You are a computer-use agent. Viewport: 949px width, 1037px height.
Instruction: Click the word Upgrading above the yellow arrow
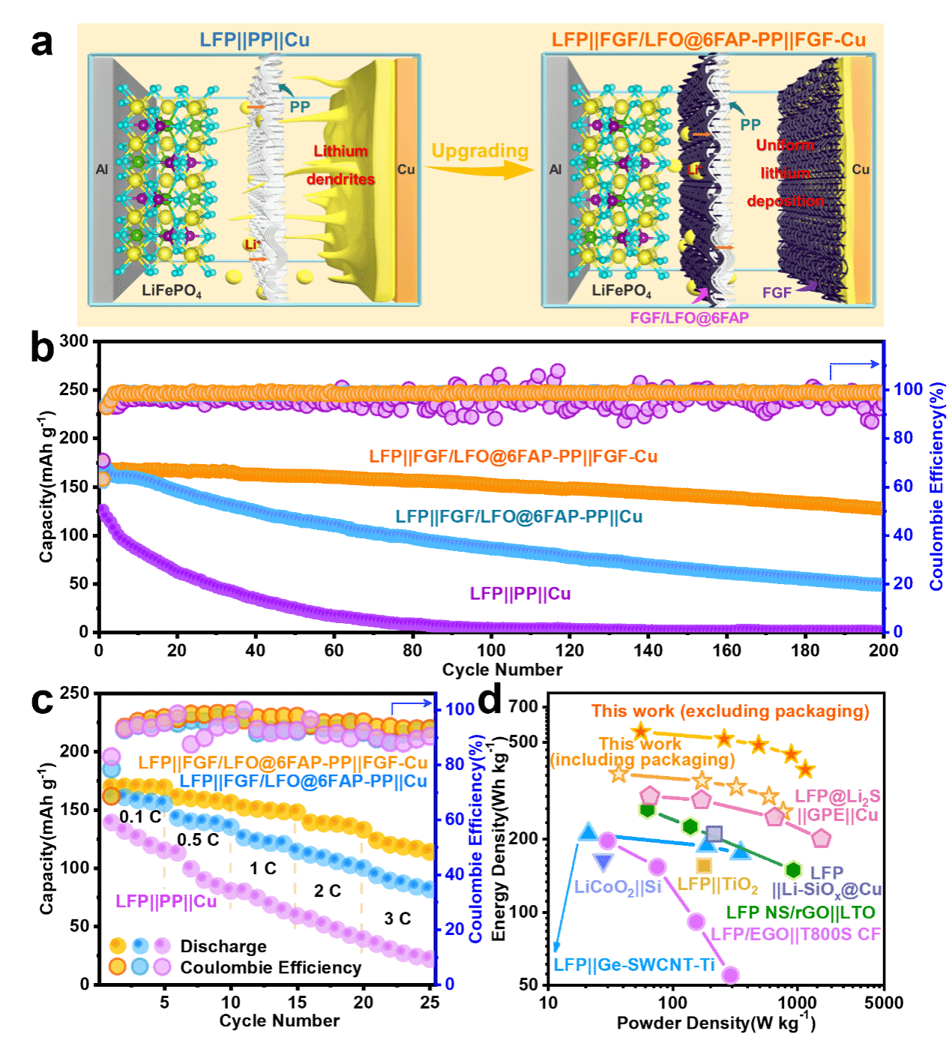[480, 151]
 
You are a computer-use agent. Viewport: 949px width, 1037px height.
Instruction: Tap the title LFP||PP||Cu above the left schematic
[254, 40]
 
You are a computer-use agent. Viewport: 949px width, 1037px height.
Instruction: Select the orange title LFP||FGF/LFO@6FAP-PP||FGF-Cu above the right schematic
[708, 40]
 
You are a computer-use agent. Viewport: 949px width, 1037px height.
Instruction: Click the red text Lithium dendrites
[340, 165]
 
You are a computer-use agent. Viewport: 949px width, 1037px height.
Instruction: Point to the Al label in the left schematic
[102, 169]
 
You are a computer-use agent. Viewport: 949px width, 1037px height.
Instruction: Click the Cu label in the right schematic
[861, 169]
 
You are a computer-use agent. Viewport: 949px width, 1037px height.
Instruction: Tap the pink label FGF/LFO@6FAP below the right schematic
[689, 318]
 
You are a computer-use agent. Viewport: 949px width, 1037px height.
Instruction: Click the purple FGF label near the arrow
[777, 292]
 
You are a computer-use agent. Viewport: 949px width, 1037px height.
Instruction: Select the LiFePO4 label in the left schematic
[172, 290]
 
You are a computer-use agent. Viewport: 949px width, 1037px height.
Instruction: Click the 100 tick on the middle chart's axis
[909, 389]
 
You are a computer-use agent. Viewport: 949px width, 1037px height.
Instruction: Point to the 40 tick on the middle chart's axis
[904, 535]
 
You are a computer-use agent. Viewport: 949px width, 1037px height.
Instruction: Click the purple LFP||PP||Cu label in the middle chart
[520, 594]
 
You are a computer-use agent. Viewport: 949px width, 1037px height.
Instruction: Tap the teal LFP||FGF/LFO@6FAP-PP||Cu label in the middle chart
[519, 517]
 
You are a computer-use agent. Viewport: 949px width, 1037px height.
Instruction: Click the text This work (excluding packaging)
[731, 712]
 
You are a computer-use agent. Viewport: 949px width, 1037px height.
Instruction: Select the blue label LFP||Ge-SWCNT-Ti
[634, 965]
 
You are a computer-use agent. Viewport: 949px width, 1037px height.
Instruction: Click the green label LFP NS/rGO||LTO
[801, 913]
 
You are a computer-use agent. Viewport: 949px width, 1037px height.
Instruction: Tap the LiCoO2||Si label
[618, 887]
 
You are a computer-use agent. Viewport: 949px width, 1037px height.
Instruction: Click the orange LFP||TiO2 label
[717, 885]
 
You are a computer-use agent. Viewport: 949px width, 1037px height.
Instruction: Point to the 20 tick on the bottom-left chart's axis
[454, 929]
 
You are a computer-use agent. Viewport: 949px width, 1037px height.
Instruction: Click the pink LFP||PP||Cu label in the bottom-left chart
[166, 901]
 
